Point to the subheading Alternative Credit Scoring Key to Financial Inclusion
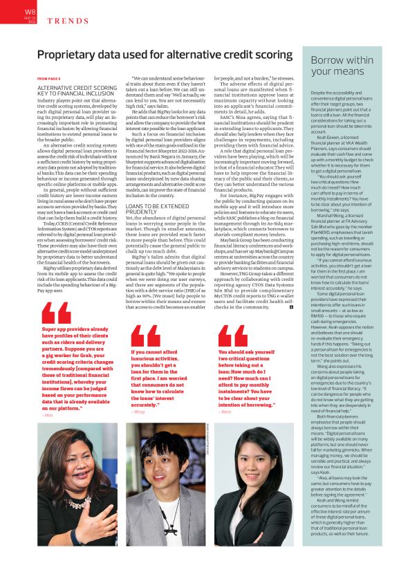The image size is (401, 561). [77, 92]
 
